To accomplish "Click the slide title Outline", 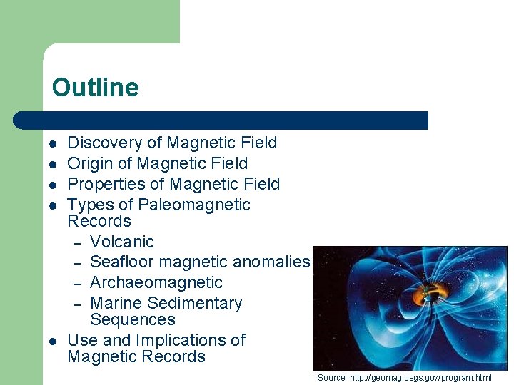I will click(x=95, y=88).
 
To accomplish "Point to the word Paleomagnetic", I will click(x=194, y=205).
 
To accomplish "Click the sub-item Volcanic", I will click(x=122, y=242).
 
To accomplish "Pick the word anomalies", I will click(x=273, y=262).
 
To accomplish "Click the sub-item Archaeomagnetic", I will click(x=156, y=282).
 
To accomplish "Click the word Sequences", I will click(x=133, y=319).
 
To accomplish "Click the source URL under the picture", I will click(x=430, y=377).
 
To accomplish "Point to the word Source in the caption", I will click(x=332, y=377).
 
